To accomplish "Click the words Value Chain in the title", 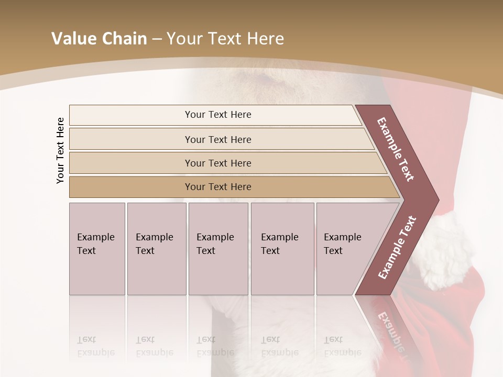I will [99, 39].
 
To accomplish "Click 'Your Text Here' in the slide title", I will [225, 39].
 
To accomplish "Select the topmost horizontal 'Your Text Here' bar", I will [217, 115].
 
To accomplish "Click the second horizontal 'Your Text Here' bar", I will [217, 139].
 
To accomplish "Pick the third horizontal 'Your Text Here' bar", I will [217, 163].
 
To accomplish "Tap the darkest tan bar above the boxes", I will [217, 187].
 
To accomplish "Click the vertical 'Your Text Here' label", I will [60, 150].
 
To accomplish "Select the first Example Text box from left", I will [97, 249].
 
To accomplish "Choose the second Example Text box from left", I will [157, 249].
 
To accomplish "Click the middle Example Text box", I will [218, 249].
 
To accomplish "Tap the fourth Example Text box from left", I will [282, 249].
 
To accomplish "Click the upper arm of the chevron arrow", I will [397, 149].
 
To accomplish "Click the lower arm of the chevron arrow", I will [397, 248].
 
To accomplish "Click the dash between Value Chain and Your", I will [157, 39].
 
